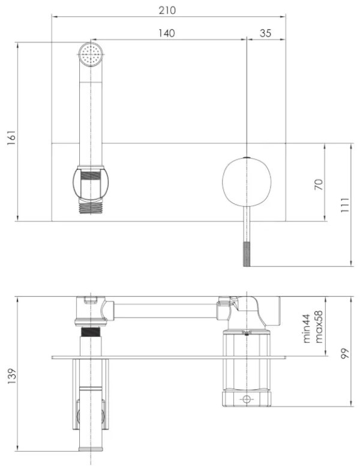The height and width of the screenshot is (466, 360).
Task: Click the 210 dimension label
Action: click(x=167, y=10)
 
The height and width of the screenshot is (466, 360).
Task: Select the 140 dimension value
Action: click(x=166, y=33)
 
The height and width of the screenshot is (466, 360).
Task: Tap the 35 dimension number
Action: click(x=265, y=33)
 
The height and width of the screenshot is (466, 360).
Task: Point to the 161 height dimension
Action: click(x=11, y=138)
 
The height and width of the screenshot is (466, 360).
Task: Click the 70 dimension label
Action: click(x=318, y=184)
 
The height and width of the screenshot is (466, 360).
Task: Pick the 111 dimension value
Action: click(x=344, y=205)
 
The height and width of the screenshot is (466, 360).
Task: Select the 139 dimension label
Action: click(x=11, y=377)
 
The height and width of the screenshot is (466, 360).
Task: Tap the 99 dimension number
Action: click(x=345, y=353)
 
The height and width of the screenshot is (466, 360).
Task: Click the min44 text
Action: click(x=306, y=328)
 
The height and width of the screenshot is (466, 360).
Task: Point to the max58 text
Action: click(x=318, y=327)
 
